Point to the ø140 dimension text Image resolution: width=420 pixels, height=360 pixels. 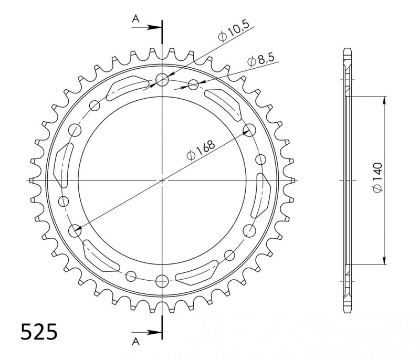[x=377, y=177]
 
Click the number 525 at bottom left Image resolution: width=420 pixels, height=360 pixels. [x=39, y=332]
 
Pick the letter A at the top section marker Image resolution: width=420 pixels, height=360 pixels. [x=136, y=19]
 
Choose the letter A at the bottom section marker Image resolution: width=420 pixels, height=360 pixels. [x=136, y=341]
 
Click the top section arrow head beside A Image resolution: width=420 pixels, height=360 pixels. [x=154, y=27]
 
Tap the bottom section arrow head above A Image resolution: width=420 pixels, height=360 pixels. [x=154, y=333]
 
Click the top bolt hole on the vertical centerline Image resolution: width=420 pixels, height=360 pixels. [x=162, y=79]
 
